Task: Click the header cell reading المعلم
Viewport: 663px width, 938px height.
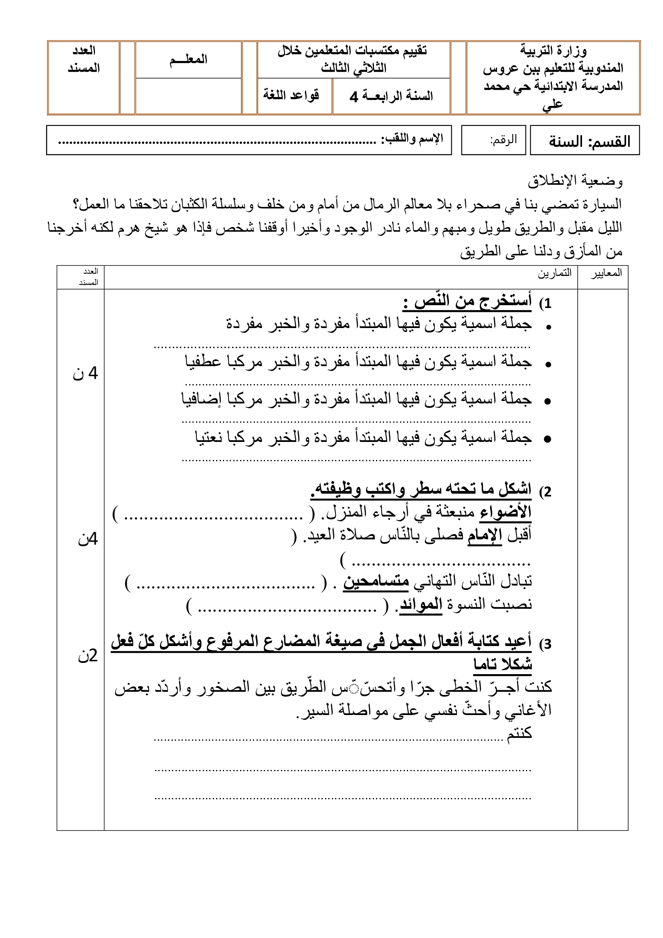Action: point(188,60)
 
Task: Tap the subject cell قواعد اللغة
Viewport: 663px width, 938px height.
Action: point(291,95)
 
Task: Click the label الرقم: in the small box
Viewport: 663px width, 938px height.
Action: point(503,140)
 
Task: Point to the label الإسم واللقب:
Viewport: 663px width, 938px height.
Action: point(412,139)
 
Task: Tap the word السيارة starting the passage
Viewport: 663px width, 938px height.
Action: point(599,203)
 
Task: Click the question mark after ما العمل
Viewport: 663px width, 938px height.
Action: point(76,203)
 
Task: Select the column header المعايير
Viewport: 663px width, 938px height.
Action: point(606,273)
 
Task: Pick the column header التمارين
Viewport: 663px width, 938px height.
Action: point(554,273)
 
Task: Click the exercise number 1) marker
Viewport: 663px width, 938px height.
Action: point(546,303)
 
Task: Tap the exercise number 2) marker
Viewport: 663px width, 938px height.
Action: point(546,492)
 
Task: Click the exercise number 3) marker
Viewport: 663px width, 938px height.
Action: point(546,644)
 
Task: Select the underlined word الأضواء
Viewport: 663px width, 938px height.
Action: point(505,512)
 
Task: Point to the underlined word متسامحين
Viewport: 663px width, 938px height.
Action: point(376,581)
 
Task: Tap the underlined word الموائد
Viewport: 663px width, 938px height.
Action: point(421,604)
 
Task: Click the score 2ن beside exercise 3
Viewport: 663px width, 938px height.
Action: point(88,656)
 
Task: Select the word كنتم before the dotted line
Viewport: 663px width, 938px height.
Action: point(519,733)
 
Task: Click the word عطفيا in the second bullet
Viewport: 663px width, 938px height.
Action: point(203,362)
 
